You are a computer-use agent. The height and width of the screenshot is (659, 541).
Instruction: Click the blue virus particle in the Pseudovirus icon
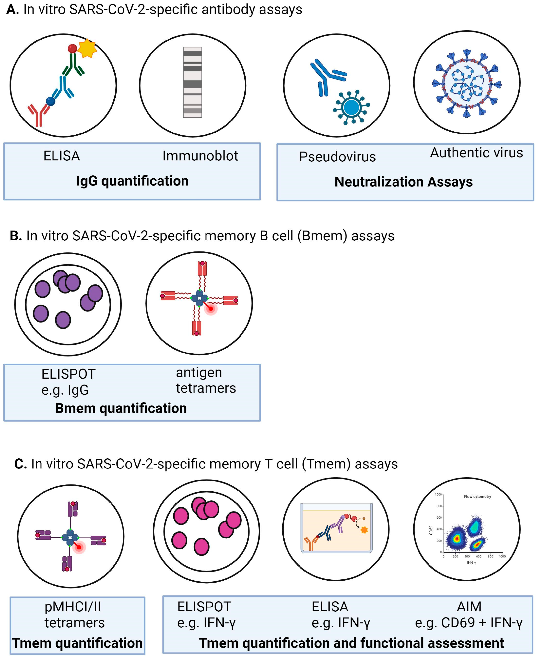pyautogui.click(x=351, y=107)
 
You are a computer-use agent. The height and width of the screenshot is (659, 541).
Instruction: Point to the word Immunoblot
pyautogui.click(x=200, y=156)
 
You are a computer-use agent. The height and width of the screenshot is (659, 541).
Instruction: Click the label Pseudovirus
pyautogui.click(x=337, y=157)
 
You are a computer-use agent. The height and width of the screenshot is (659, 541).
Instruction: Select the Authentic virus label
pyautogui.click(x=476, y=153)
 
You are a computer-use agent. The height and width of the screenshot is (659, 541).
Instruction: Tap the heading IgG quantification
pyautogui.click(x=132, y=181)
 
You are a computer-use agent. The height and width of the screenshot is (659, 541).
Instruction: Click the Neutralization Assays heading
pyautogui.click(x=404, y=182)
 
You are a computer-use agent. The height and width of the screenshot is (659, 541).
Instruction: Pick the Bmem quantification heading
pyautogui.click(x=121, y=408)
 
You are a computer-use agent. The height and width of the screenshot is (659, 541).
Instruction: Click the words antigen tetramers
pyautogui.click(x=206, y=380)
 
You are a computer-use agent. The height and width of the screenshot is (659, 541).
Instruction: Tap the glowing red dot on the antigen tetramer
pyautogui.click(x=211, y=308)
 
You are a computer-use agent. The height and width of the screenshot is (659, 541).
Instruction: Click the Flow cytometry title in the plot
pyautogui.click(x=477, y=497)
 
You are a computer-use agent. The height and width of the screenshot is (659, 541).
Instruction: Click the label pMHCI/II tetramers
pyautogui.click(x=75, y=615)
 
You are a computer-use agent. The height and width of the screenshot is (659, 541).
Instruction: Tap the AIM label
pyautogui.click(x=469, y=607)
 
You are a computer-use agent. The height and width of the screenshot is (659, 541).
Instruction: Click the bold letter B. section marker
pyautogui.click(x=15, y=236)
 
